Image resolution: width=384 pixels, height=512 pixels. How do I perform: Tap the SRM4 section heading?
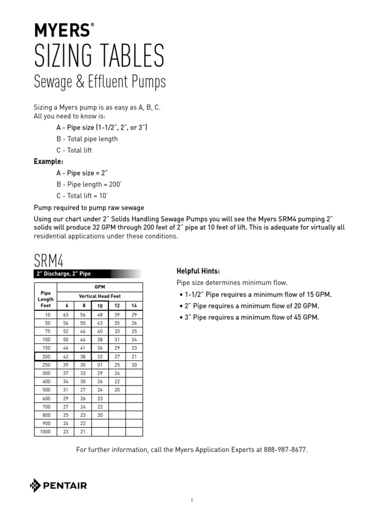tap(48, 260)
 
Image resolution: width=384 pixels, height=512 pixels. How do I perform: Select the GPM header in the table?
tap(99, 287)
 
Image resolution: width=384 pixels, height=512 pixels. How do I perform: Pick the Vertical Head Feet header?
tap(99, 296)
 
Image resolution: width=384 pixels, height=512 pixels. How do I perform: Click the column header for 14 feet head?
tap(133, 305)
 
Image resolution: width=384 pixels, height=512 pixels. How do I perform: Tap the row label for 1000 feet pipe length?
tap(45, 431)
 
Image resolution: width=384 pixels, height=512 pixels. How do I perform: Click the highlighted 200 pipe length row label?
tap(45, 356)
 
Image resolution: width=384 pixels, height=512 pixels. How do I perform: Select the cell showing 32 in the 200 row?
tap(99, 356)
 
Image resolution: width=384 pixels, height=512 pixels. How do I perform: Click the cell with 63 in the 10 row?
tap(65, 314)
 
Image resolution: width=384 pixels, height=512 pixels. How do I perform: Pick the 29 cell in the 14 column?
tap(133, 314)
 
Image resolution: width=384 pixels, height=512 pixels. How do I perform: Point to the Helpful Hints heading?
tap(198, 271)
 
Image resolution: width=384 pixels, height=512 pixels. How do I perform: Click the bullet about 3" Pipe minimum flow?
tap(248, 317)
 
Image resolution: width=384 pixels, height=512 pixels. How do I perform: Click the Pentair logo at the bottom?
tap(58, 485)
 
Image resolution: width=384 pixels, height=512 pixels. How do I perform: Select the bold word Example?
tap(48, 161)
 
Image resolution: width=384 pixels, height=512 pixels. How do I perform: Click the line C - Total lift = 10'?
tap(81, 195)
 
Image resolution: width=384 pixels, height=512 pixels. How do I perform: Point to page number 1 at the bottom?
tap(192, 500)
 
